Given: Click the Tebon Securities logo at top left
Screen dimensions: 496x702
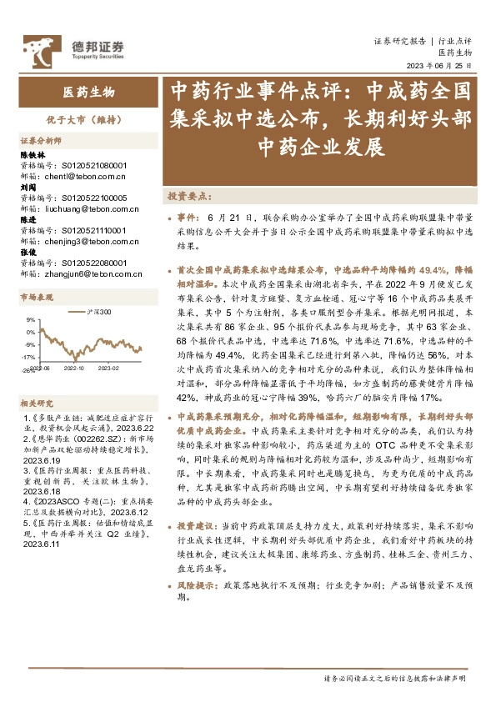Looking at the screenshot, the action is point(73,48).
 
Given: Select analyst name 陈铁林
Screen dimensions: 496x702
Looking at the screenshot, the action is point(33,156).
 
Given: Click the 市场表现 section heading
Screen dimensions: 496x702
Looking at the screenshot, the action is point(37,297).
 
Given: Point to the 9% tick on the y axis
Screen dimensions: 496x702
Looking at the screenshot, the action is point(30,319).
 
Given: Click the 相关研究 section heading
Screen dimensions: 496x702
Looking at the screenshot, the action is point(37,403).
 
